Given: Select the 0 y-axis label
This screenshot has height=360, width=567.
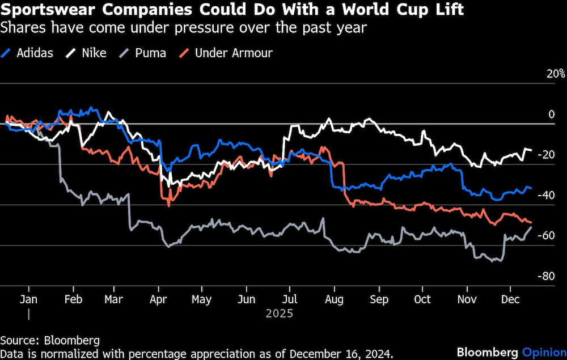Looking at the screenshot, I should [551, 115].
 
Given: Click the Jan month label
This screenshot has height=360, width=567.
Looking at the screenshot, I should [29, 299].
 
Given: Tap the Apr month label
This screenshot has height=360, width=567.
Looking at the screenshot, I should [158, 299].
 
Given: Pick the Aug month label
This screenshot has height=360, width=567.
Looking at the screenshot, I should [335, 299].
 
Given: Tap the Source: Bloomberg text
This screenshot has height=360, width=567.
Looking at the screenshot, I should [50, 340].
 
